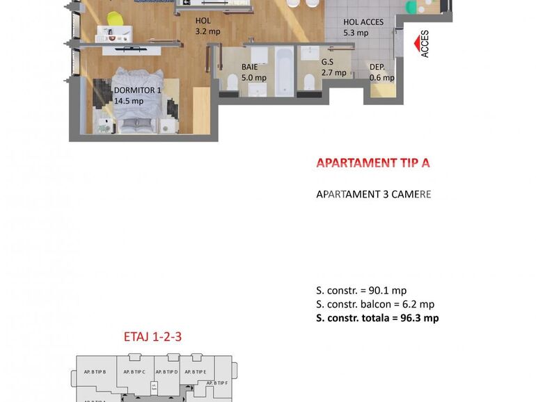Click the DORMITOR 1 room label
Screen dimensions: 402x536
(137, 90)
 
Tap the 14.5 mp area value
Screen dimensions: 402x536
(128, 101)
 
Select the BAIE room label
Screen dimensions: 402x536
(250, 67)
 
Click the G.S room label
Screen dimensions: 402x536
(327, 62)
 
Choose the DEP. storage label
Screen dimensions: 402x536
(377, 67)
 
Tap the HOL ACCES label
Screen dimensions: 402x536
(363, 22)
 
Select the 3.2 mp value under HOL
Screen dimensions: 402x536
(207, 31)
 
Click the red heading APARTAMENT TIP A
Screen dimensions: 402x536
(373, 163)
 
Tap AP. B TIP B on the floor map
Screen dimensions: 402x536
(95, 372)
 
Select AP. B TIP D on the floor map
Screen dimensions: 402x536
(168, 372)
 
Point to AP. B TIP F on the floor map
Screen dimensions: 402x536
(217, 383)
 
